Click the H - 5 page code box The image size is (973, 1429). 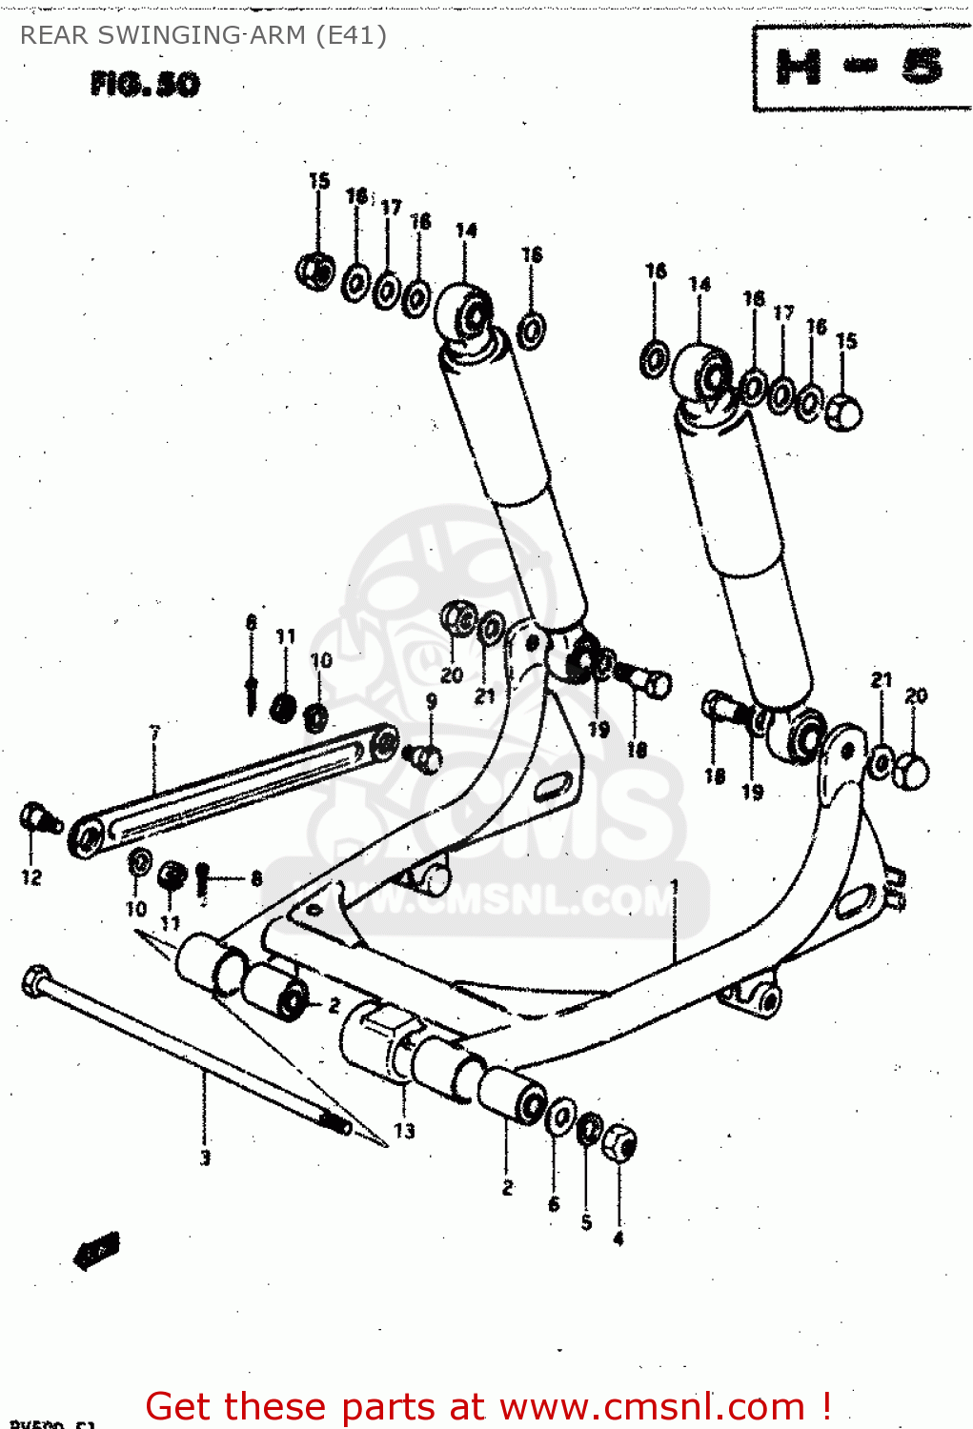[861, 68]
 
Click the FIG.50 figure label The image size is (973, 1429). [145, 85]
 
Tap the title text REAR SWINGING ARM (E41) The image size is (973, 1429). [203, 35]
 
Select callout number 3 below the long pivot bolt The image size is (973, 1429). [204, 1158]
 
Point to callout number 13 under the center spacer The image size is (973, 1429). [404, 1131]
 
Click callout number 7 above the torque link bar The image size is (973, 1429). [154, 734]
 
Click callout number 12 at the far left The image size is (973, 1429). [31, 877]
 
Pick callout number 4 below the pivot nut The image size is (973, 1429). [618, 1238]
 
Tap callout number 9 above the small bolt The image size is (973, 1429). [431, 702]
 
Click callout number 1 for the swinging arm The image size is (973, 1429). [674, 887]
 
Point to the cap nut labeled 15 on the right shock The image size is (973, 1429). [843, 412]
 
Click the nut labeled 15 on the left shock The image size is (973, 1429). [315, 271]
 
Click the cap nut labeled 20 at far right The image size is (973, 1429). [913, 771]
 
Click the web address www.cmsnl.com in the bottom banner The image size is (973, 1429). [653, 1406]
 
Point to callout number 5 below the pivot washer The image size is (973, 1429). [586, 1222]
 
